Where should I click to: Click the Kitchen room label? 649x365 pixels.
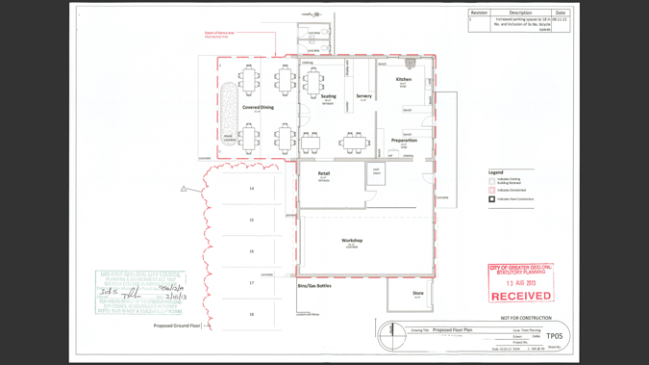click(404, 79)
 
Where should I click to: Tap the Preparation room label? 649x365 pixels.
click(404, 141)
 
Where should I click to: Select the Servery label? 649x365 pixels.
click(363, 96)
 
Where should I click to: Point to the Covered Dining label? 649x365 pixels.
click(258, 108)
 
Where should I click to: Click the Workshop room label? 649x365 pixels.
click(352, 241)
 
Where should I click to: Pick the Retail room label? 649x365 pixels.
click(324, 174)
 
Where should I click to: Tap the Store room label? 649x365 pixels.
click(418, 293)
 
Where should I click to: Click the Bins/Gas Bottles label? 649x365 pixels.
click(314, 286)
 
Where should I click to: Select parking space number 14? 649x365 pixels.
click(252, 189)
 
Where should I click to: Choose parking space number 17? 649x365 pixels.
click(252, 283)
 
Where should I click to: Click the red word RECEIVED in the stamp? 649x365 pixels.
click(520, 296)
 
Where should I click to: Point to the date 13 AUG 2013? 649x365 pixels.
click(520, 283)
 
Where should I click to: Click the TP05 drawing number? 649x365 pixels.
click(555, 336)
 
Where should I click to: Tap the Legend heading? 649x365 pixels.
click(496, 172)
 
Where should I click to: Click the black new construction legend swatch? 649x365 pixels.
click(492, 199)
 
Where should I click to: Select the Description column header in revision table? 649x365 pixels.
click(520, 13)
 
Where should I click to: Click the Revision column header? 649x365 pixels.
click(479, 13)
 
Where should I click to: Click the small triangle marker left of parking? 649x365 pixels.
click(184, 189)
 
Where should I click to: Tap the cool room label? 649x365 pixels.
click(376, 171)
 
